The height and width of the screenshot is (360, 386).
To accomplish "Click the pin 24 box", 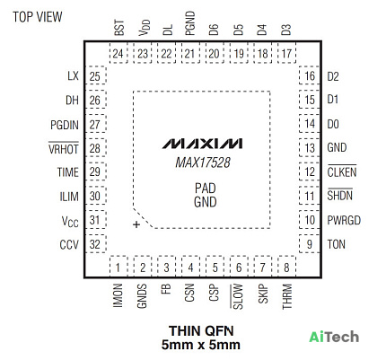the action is coord(118,53).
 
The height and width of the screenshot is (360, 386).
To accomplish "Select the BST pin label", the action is coord(119,28).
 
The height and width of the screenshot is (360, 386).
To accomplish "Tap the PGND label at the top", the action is coord(190,23).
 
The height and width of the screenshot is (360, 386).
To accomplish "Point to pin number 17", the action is coord(286,54).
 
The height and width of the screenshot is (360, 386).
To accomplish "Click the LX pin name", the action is coord(73,75).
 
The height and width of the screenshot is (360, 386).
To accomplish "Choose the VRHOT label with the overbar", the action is coord(64,148).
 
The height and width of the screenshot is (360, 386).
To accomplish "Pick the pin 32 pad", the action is coord(96,243).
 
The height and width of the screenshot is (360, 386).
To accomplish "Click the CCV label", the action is coord(69,245).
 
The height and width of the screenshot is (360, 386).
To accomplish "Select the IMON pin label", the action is coord(118,295).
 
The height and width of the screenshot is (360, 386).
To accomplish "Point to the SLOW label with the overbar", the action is coord(237,296).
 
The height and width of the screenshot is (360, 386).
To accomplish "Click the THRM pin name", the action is coord(287,296).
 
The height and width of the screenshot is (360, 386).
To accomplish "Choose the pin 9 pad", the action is coord(310,243).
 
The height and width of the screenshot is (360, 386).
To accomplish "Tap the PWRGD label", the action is coord(344,220).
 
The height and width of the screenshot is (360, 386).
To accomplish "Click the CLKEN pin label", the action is coord(342,171).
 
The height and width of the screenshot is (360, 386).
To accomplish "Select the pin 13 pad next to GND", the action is coord(310,147).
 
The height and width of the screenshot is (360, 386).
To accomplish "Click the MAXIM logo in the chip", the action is coord(202,144).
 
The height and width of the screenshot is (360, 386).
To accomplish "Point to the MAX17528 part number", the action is coord(203,162).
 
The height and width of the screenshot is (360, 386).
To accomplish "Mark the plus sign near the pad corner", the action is coord(136,224).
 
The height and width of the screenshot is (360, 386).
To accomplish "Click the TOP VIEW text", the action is coord(38,17).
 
